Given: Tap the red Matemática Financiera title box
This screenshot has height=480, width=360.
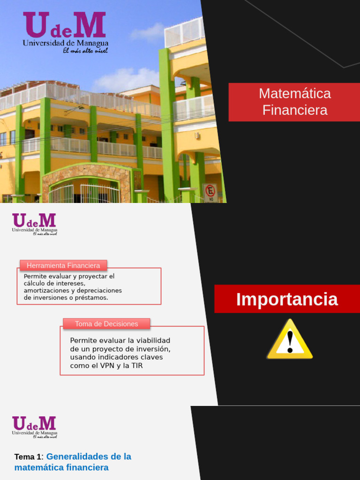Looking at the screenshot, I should [294, 102].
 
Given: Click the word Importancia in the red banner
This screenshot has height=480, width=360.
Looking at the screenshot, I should [287, 299].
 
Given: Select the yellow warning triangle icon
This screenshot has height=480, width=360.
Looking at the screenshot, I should [290, 339].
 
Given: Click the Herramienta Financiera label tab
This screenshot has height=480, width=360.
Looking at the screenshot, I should [63, 265].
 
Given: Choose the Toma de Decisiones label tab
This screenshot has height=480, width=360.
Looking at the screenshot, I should [106, 324].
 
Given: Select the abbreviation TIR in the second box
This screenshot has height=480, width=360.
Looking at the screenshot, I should [136, 366].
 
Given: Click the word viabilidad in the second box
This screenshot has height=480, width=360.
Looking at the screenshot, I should [153, 340].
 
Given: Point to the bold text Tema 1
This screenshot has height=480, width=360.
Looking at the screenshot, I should [28, 457].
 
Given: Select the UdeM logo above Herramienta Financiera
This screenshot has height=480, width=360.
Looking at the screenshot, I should [34, 224].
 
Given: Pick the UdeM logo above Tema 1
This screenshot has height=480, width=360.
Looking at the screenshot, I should [34, 426].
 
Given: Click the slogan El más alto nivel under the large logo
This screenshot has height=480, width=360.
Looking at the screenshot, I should [85, 51].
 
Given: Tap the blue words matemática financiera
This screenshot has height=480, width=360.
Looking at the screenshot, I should [61, 467].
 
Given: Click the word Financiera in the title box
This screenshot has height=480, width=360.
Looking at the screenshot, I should [295, 110].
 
